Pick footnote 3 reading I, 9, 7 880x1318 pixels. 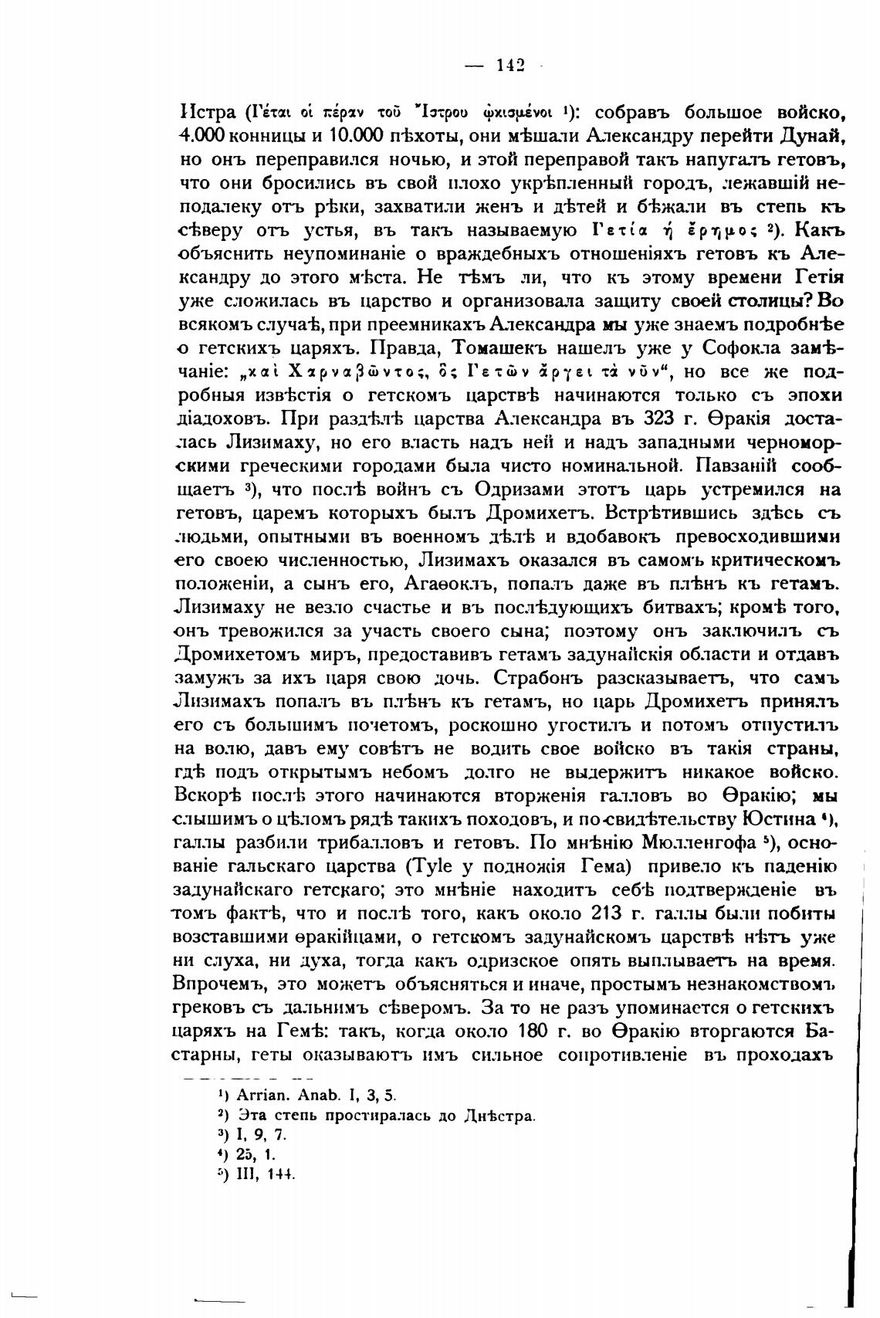[262, 1134]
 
